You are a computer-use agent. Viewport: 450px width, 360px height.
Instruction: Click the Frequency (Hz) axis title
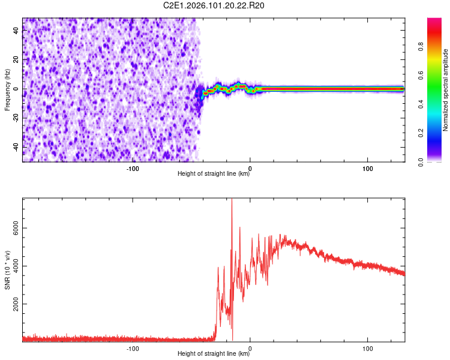(x=7, y=90)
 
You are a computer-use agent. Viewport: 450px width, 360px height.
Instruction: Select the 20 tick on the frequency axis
(x=16, y=60)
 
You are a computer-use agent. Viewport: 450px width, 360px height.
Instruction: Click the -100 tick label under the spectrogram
(x=133, y=168)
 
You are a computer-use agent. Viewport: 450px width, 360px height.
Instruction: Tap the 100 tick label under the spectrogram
(x=368, y=168)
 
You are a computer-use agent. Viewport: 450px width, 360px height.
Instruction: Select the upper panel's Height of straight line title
(x=214, y=174)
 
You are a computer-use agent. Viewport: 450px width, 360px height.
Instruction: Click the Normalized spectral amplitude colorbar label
(x=446, y=90)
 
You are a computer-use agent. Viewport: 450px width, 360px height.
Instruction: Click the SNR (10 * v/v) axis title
(x=7, y=270)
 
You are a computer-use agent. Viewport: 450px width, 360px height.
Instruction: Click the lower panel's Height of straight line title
(x=214, y=354)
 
